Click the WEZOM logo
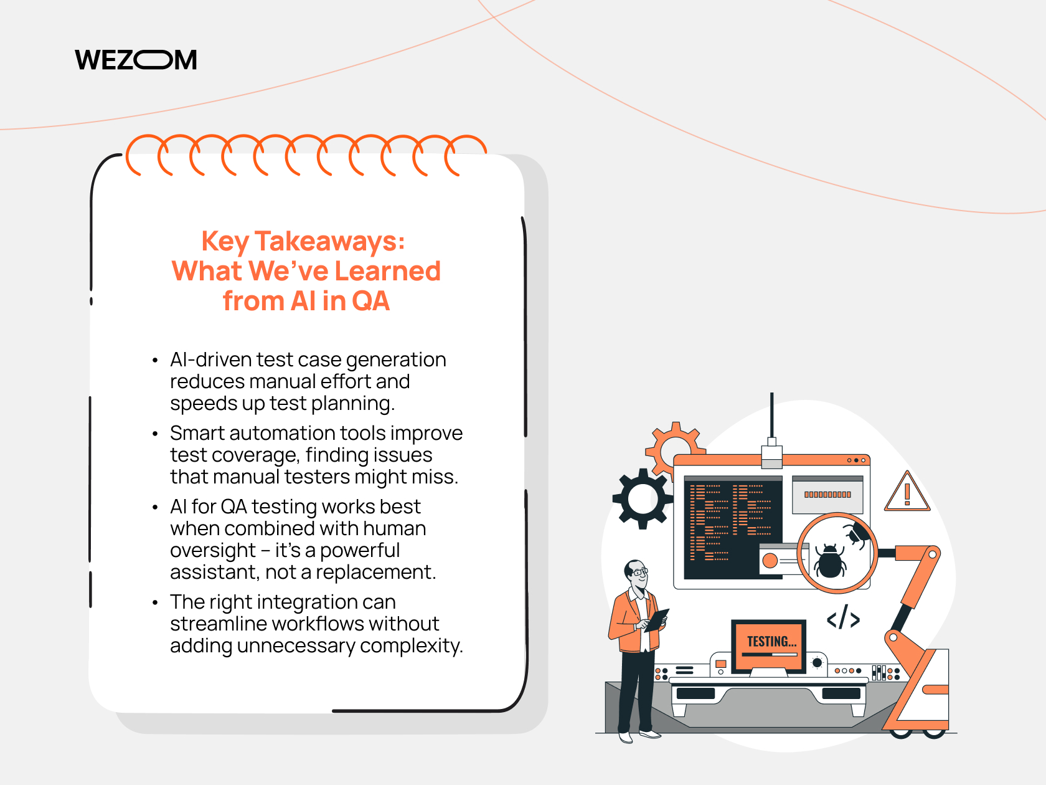tap(136, 60)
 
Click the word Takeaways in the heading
tap(329, 241)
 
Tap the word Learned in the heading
tap(387, 271)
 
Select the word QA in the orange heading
tap(370, 301)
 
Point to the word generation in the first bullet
tap(396, 361)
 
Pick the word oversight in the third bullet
tap(213, 551)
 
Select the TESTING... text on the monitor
tap(771, 642)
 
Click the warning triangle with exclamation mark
tap(907, 492)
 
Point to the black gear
tap(643, 499)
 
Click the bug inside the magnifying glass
tap(830, 561)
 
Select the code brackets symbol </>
tap(843, 617)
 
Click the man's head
tap(637, 575)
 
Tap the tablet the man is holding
tap(657, 620)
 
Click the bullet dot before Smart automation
tap(155, 434)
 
